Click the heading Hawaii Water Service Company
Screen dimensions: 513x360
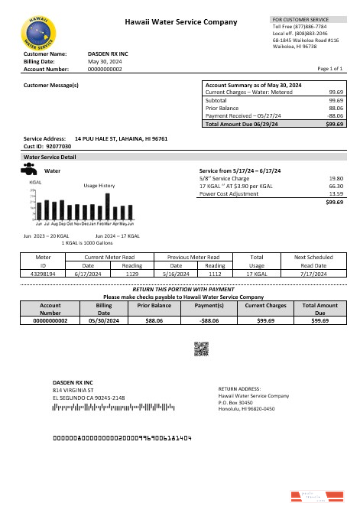pyautogui.click(x=181, y=23)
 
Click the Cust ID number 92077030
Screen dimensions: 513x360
pyautogui.click(x=58, y=145)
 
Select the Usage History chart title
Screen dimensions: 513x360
pyautogui.click(x=99, y=186)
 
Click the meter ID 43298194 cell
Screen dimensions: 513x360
pyautogui.click(x=44, y=273)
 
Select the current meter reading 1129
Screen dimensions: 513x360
pyautogui.click(x=131, y=273)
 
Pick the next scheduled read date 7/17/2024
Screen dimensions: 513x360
pyautogui.click(x=314, y=273)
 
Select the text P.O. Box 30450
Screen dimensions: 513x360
pyautogui.click(x=235, y=402)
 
